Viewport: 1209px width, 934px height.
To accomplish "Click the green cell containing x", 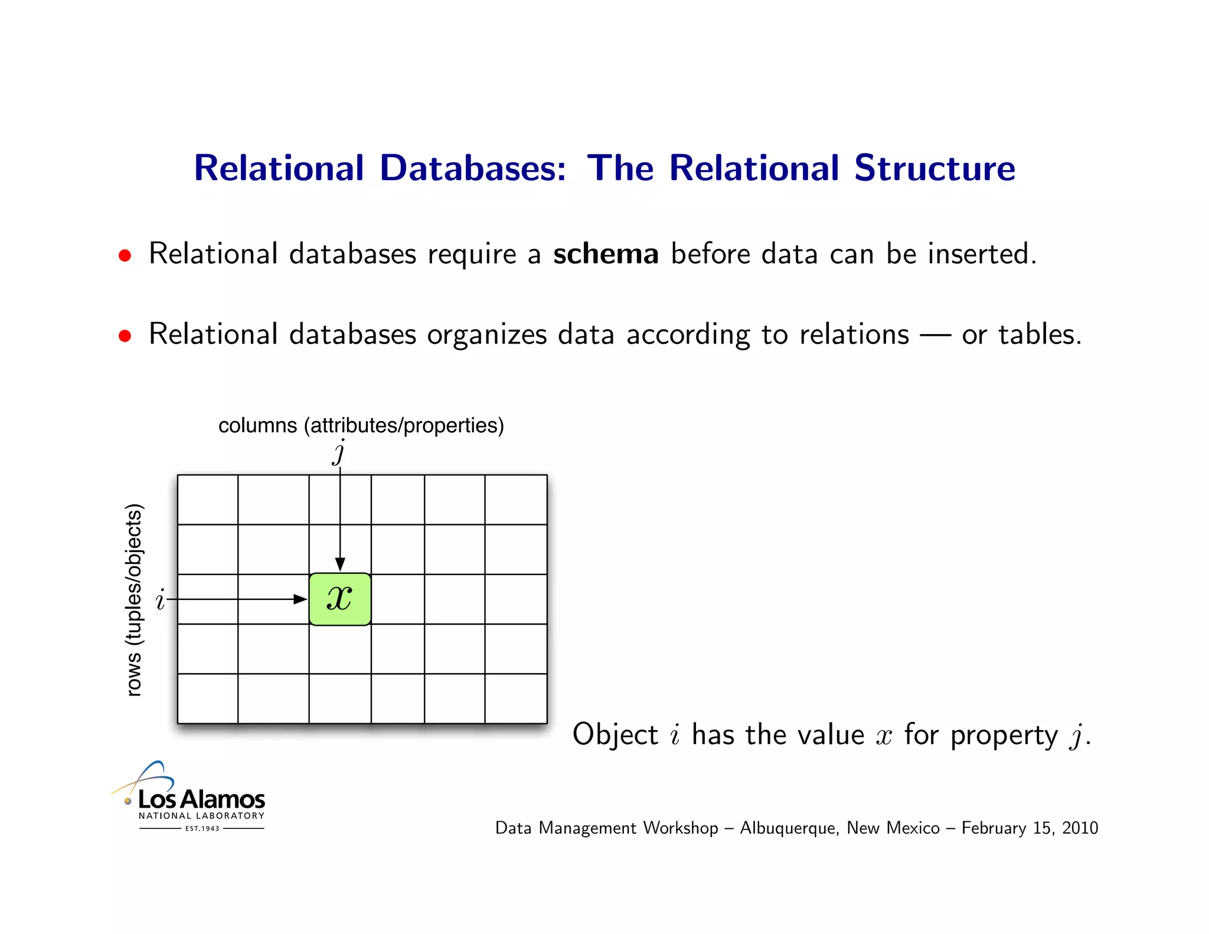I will click(x=340, y=599).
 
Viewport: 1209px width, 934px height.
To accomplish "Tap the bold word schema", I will click(x=606, y=254).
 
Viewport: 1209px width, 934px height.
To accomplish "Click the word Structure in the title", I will click(x=934, y=168).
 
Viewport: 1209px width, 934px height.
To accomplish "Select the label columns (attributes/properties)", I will click(x=361, y=425).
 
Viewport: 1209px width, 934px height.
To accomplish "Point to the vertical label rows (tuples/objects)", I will click(x=135, y=600).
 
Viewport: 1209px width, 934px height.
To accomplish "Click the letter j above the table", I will click(x=339, y=452).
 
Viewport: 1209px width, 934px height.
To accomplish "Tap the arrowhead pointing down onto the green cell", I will click(x=340, y=564).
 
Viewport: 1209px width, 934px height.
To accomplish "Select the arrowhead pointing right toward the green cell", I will click(x=300, y=599).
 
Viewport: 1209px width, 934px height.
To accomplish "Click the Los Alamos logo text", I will click(x=201, y=799).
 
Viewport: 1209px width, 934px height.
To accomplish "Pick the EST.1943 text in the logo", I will click(x=202, y=828).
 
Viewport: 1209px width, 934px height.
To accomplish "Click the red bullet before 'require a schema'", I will click(x=125, y=256).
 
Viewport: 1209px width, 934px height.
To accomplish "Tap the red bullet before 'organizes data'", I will click(x=125, y=336).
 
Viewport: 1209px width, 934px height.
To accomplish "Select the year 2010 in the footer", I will click(x=1080, y=828).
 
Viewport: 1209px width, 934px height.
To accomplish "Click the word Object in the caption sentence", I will click(x=615, y=735).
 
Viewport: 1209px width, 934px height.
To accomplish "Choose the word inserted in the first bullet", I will click(x=981, y=254).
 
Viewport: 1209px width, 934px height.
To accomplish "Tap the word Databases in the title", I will click(x=473, y=168).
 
